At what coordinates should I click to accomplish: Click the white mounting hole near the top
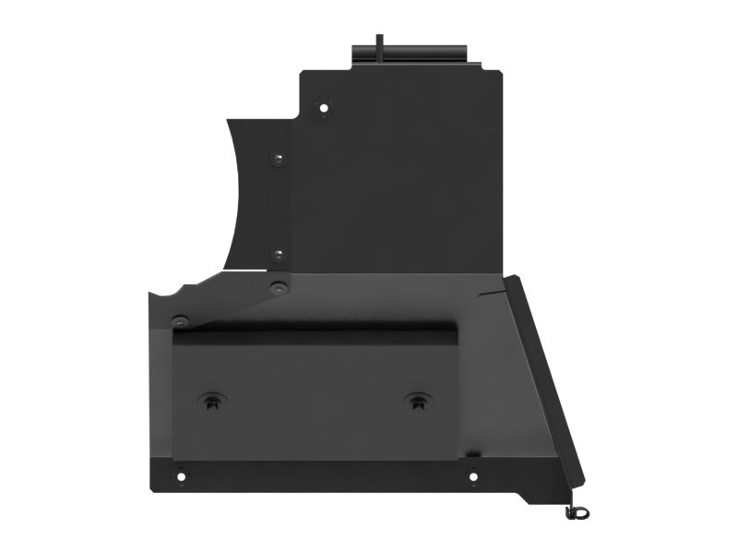pyautogui.click(x=324, y=107)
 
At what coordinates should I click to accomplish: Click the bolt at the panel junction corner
pyautogui.click(x=275, y=288)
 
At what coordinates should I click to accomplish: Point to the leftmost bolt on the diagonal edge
pyautogui.click(x=180, y=321)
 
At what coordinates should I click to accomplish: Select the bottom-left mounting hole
pyautogui.click(x=181, y=477)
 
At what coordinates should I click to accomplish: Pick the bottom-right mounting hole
pyautogui.click(x=472, y=477)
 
